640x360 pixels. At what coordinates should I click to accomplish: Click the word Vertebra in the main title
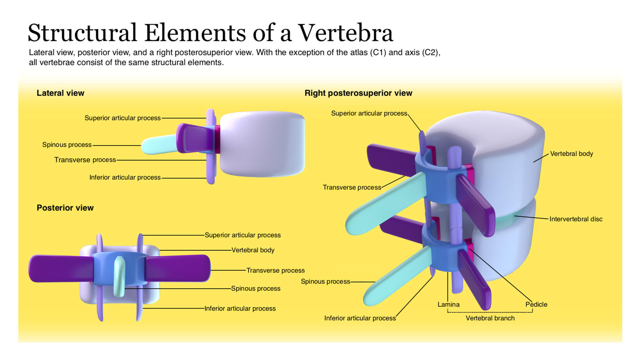coord(346,33)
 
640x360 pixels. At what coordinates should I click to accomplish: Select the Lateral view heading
coord(61,93)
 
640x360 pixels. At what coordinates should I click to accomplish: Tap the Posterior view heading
coord(65,208)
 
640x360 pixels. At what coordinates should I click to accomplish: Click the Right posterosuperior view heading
coord(358,93)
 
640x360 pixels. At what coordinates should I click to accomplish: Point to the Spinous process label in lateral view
coord(67,145)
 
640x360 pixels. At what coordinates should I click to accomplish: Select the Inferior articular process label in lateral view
coord(125,178)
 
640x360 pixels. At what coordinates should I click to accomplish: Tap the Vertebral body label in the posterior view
coord(253,250)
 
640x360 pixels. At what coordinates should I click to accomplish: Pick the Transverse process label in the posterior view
coord(275,271)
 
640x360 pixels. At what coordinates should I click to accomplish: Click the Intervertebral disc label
coord(576,219)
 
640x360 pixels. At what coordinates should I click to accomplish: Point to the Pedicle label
coord(536,305)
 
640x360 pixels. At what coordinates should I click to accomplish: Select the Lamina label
coord(448,305)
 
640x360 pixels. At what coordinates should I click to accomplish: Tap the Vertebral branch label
coord(490,318)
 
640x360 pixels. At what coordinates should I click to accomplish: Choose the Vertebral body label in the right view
coord(571,154)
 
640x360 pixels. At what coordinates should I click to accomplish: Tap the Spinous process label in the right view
coord(325,282)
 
